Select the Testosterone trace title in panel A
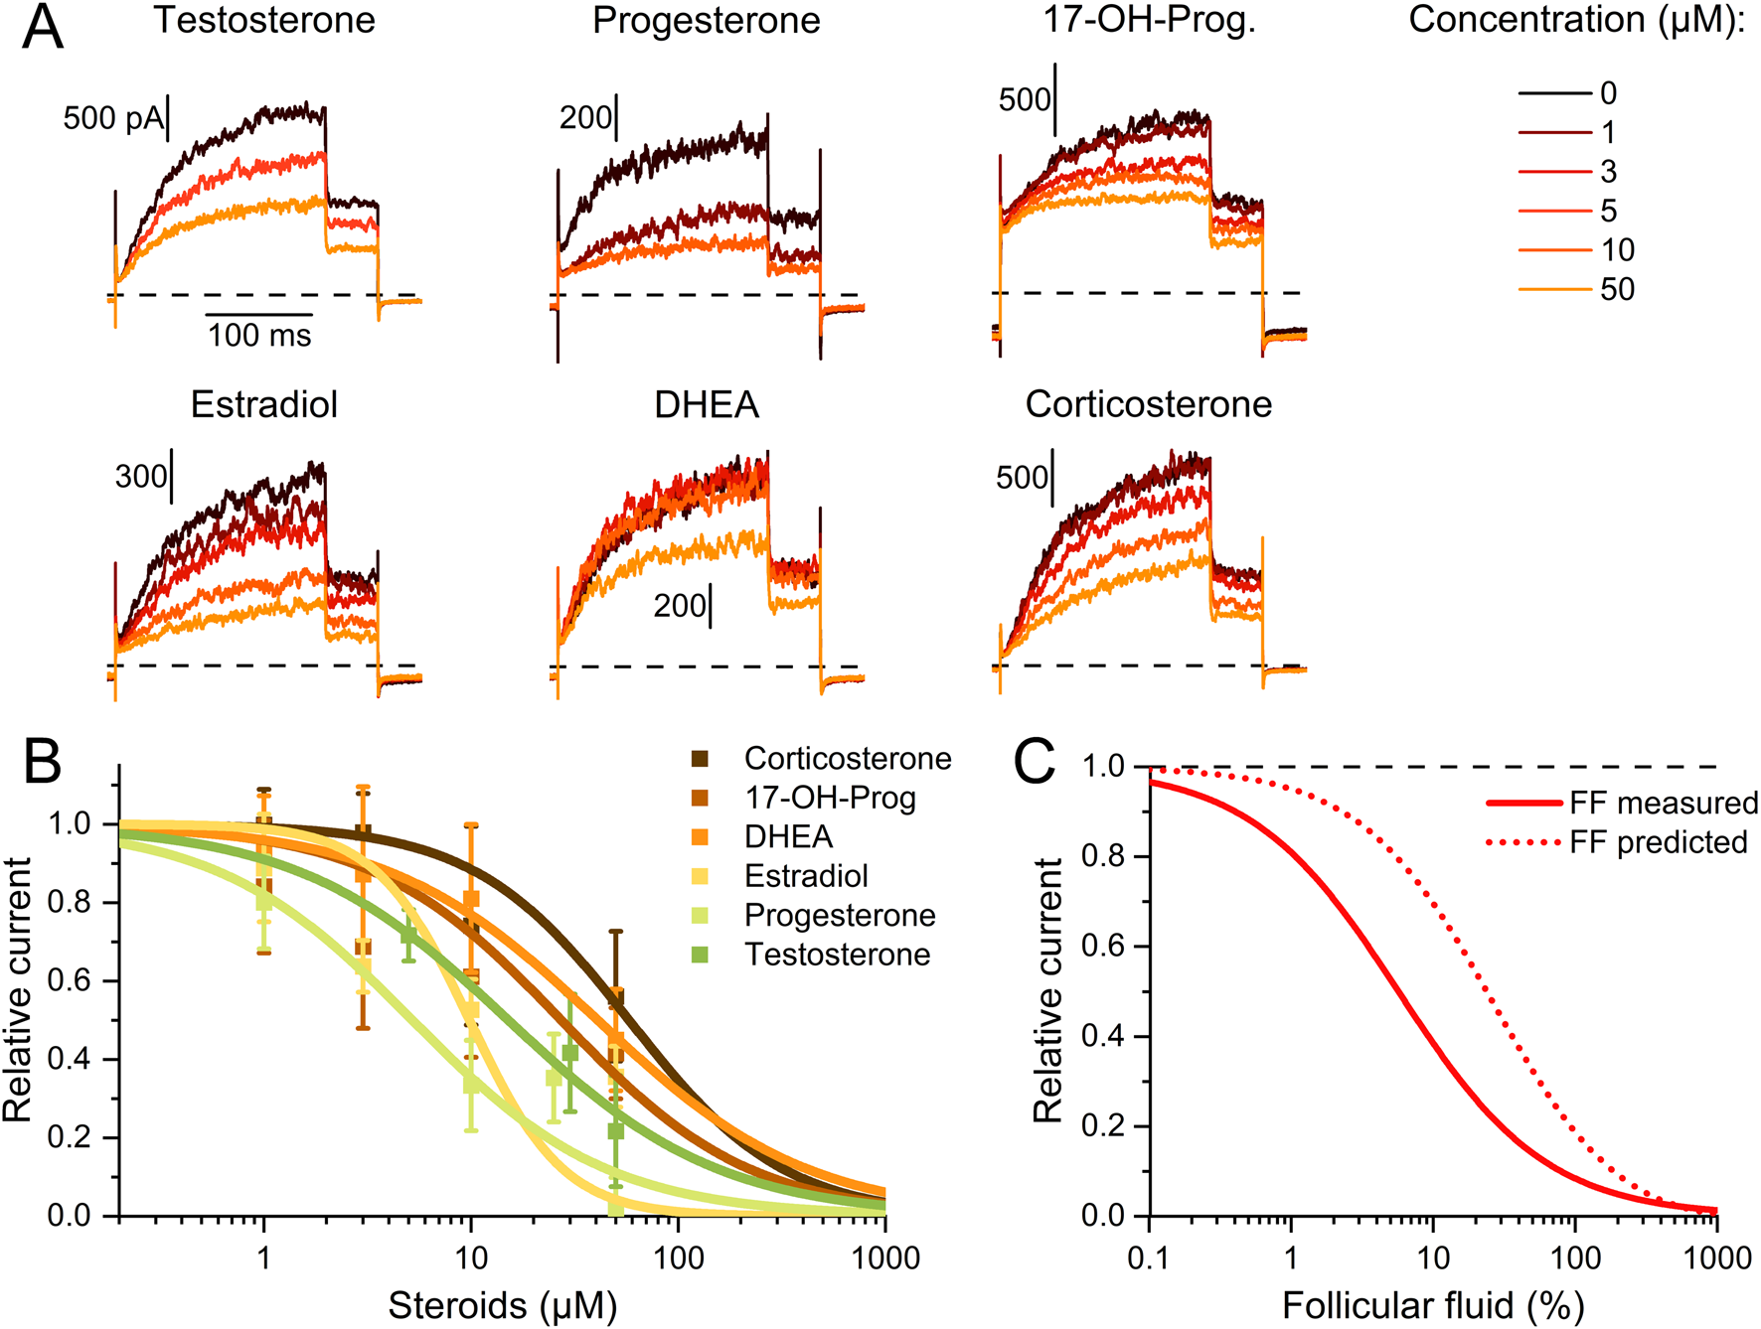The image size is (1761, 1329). pos(264,20)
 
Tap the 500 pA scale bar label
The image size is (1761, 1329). pos(112,118)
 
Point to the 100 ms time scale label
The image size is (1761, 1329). pos(259,336)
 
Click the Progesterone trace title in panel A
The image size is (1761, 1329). pos(706,20)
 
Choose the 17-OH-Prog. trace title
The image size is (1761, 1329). pos(1149,20)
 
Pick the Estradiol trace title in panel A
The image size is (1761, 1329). pos(264,404)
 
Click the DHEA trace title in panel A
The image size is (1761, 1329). pos(707,404)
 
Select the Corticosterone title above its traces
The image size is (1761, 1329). pos(1149,404)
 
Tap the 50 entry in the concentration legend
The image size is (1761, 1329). pos(1617,289)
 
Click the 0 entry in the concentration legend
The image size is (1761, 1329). pos(1608,93)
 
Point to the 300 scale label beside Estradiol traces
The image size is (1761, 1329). pos(140,477)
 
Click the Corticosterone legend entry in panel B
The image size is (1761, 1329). pos(847,759)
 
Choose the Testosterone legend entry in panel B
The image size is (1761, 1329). pos(837,955)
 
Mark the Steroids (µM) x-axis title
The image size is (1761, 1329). pos(502,1305)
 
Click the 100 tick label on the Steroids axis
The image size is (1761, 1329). pos(678,1258)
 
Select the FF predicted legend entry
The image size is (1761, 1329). pos(1658,842)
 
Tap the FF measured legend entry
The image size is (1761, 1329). pos(1664,803)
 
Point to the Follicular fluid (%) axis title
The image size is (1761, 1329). pos(1433,1305)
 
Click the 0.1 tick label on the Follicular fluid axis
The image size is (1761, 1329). pos(1149,1258)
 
